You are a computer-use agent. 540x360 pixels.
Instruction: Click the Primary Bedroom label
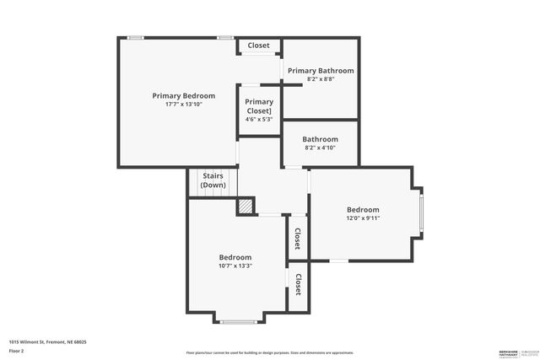click(183, 96)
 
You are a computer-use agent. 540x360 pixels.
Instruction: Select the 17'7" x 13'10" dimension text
click(183, 105)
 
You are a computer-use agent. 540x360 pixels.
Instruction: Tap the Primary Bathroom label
click(321, 71)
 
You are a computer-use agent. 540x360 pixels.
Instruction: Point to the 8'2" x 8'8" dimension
click(321, 79)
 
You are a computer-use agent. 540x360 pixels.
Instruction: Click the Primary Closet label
click(259, 106)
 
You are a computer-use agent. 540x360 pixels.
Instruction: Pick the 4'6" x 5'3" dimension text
click(259, 119)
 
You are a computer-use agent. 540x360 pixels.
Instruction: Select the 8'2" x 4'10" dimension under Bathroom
click(321, 148)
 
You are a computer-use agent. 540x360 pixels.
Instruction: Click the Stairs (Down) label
click(213, 180)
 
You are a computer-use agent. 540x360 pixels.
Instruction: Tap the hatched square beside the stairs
click(245, 206)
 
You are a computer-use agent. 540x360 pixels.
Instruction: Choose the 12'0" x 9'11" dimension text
click(363, 218)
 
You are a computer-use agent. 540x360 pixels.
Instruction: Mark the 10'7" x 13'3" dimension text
click(235, 266)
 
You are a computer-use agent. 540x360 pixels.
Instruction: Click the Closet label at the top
click(258, 46)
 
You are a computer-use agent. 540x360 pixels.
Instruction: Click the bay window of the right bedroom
click(421, 212)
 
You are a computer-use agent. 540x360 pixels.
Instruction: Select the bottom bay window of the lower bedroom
click(238, 321)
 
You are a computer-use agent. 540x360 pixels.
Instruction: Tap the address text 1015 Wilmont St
click(47, 342)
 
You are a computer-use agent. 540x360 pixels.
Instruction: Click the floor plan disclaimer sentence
click(270, 352)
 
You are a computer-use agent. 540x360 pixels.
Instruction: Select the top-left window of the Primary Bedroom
click(135, 37)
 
